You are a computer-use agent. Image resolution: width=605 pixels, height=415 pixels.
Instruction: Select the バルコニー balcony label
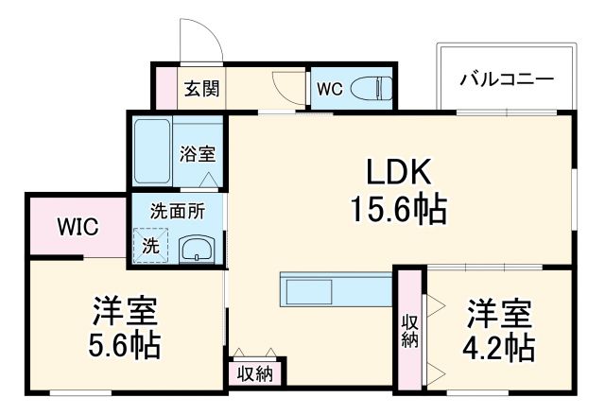[507, 78]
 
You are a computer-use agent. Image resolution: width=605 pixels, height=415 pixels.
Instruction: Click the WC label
[329, 91]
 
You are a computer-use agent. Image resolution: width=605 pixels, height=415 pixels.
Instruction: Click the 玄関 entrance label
[200, 90]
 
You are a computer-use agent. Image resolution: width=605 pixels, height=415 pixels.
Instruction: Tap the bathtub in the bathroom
[150, 151]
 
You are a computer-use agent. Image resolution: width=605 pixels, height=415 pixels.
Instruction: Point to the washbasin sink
[198, 250]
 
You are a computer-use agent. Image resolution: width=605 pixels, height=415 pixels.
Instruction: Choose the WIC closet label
[76, 227]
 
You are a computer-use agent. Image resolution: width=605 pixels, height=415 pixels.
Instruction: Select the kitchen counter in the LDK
[335, 289]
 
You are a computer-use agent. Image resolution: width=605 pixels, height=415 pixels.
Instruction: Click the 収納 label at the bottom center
[253, 373]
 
